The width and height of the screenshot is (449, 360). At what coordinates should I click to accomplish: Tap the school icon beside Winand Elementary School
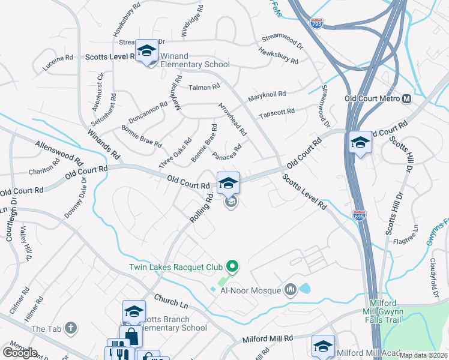click(146, 52)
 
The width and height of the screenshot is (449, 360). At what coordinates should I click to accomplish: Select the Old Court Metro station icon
click(406, 98)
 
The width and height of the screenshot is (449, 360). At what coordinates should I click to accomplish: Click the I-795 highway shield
click(317, 23)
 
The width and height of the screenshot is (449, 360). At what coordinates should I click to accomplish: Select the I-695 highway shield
click(358, 214)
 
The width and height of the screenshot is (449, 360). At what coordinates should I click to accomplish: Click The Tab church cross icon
click(71, 328)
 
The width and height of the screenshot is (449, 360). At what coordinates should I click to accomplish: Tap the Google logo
click(20, 352)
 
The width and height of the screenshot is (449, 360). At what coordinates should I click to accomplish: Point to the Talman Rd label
click(204, 87)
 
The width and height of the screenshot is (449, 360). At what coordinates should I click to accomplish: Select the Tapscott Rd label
click(276, 112)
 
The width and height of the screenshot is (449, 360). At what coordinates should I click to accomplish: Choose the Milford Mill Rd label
click(267, 339)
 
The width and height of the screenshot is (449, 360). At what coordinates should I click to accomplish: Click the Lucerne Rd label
click(58, 63)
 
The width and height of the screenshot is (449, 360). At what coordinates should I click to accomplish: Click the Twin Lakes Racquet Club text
click(175, 266)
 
